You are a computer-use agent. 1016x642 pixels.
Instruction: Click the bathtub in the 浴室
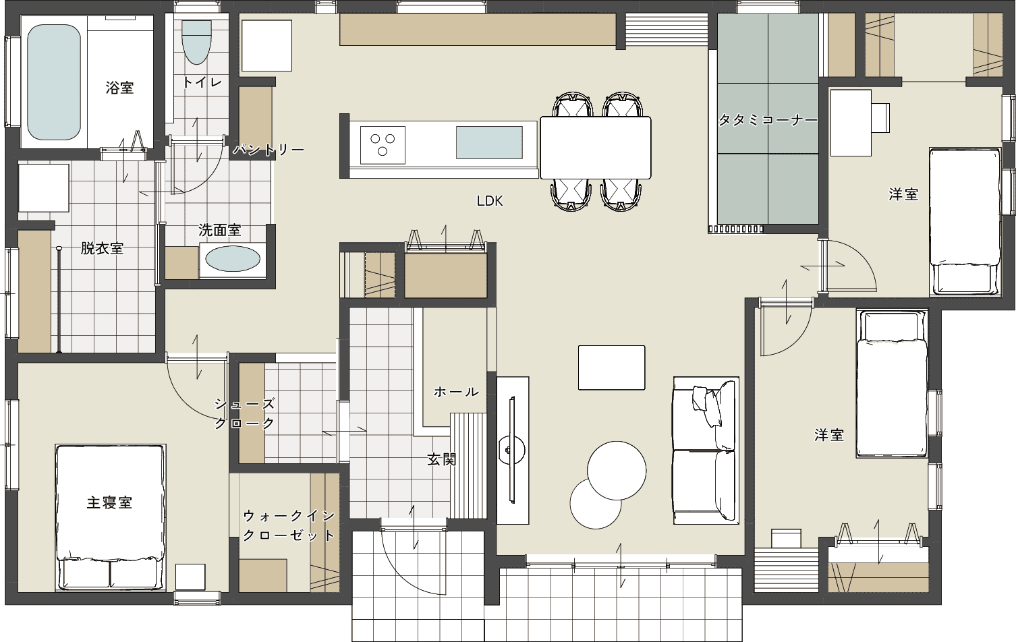click(54, 82)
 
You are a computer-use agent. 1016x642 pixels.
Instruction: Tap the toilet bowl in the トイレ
click(196, 42)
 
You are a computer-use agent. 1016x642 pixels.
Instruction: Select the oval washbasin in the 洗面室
click(233, 260)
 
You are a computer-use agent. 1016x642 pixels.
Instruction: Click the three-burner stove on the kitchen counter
click(383, 144)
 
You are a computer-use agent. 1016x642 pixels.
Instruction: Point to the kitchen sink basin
click(489, 142)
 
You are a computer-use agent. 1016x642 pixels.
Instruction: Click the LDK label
click(490, 201)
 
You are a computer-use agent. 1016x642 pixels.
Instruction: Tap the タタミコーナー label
click(768, 119)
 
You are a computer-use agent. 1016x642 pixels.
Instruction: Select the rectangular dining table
click(596, 148)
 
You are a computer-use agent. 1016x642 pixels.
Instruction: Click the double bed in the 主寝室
click(110, 517)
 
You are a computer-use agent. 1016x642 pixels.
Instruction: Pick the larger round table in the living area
click(617, 471)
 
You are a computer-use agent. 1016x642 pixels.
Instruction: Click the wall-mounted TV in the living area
click(513, 450)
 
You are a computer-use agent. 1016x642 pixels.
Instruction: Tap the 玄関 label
click(441, 460)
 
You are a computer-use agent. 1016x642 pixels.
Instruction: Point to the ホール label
click(456, 392)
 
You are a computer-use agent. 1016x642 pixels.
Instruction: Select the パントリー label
click(269, 150)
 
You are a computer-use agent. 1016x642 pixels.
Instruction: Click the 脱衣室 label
click(102, 248)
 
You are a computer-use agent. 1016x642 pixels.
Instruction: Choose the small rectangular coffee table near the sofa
click(611, 368)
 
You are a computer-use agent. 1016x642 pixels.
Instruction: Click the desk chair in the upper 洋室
click(880, 118)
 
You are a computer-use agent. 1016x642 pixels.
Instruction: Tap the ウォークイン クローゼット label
click(289, 525)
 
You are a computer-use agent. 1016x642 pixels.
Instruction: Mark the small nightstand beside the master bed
click(190, 577)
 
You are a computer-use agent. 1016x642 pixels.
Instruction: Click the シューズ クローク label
click(245, 413)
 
